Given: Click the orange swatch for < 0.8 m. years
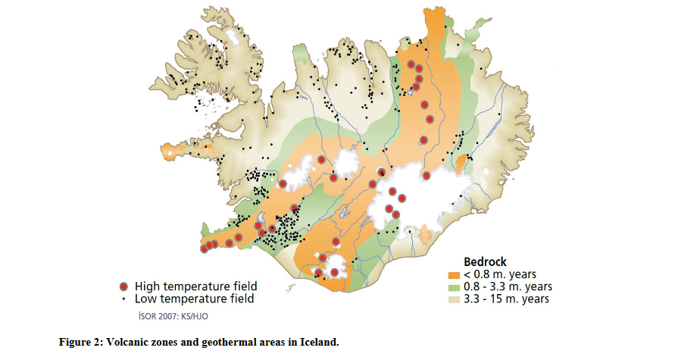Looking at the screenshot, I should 454,274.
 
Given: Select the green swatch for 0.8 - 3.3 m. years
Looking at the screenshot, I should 454,286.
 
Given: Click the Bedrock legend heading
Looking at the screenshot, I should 485,261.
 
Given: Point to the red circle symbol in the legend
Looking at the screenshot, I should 124,286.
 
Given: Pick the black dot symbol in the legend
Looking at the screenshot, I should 124,299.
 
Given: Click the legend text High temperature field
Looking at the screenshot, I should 195,286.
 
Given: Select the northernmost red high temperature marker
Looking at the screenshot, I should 411,64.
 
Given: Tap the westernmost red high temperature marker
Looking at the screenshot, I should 204,249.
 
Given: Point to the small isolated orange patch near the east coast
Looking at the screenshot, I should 459,164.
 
